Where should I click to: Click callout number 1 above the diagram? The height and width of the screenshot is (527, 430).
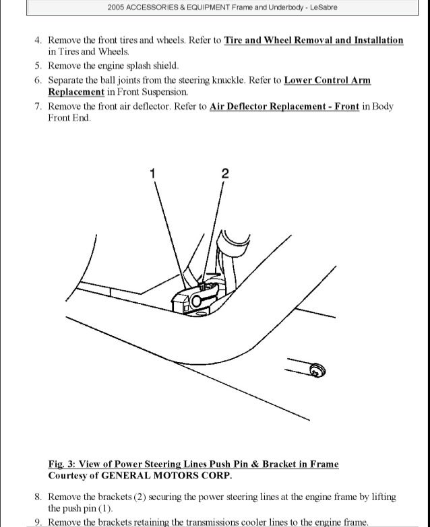pyautogui.click(x=152, y=174)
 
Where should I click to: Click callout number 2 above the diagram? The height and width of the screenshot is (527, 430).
pyautogui.click(x=224, y=174)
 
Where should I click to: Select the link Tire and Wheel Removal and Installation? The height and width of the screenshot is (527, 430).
pyautogui.click(x=313, y=40)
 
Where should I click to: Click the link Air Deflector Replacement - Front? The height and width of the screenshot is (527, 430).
pyautogui.click(x=284, y=106)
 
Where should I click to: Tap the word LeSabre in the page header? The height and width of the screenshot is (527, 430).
pyautogui.click(x=324, y=8)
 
